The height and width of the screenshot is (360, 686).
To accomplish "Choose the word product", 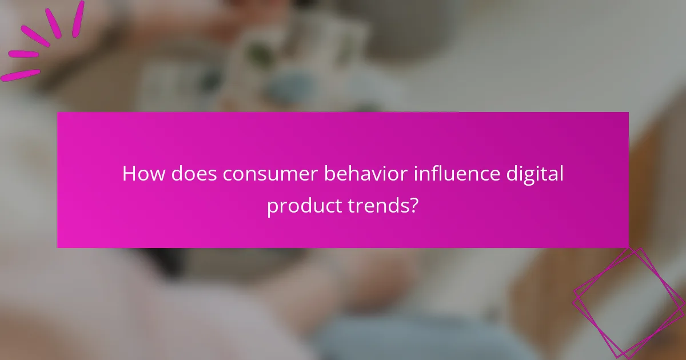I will (x=299, y=206).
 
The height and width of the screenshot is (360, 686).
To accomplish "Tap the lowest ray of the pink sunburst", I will (x=20, y=75).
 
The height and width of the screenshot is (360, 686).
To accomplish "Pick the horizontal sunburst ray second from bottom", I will (x=23, y=54).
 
